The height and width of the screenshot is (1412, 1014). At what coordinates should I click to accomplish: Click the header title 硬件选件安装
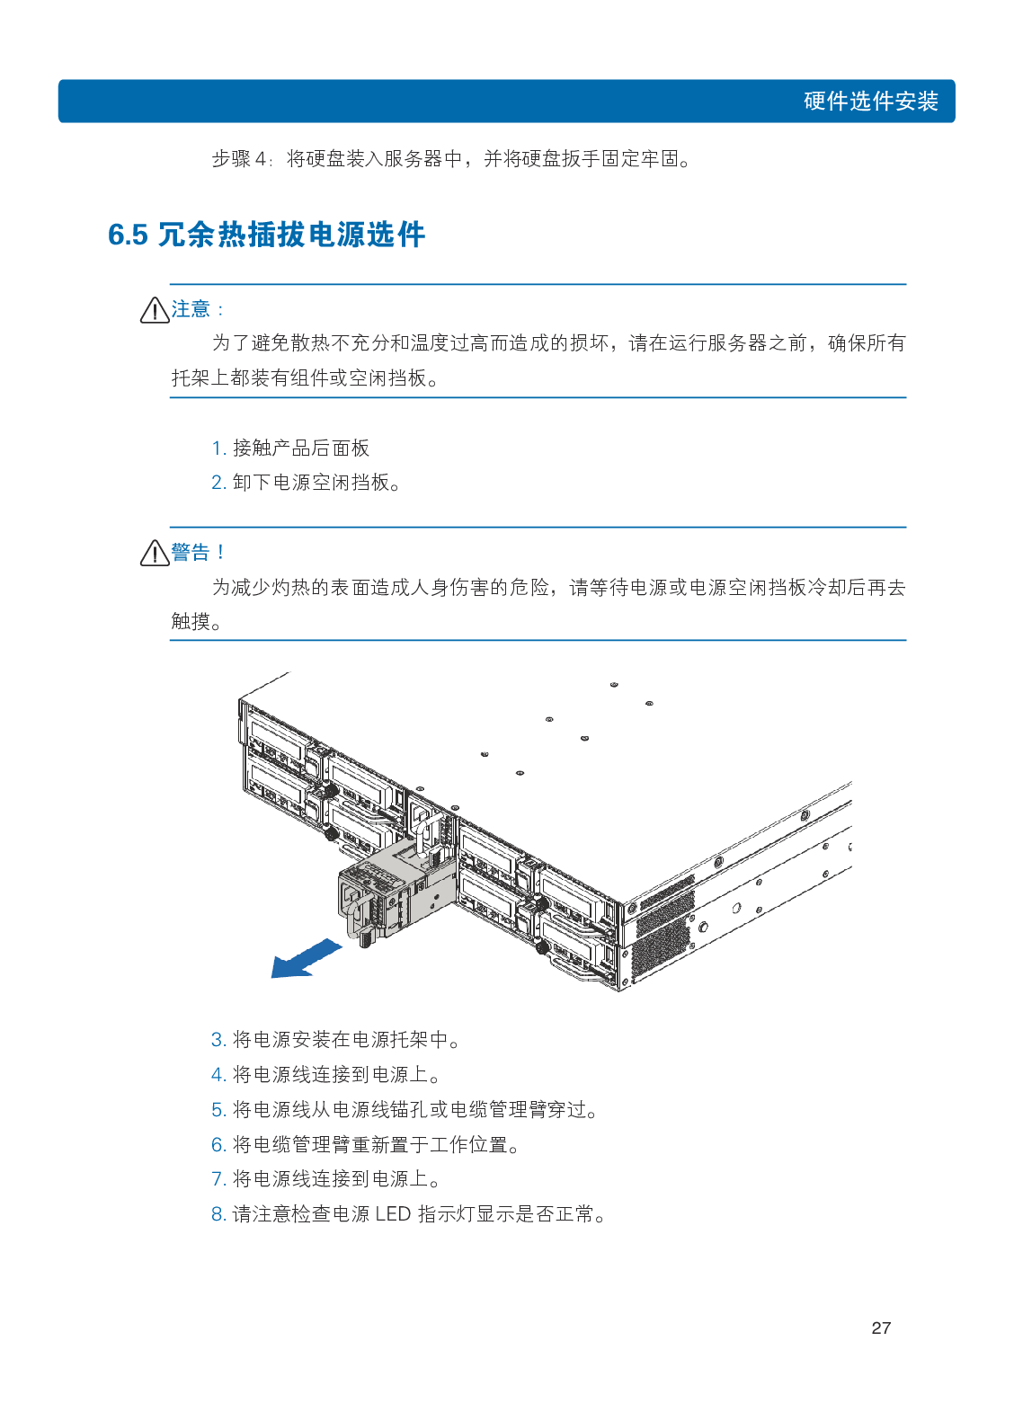click(870, 101)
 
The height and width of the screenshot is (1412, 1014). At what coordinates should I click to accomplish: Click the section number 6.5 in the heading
click(128, 235)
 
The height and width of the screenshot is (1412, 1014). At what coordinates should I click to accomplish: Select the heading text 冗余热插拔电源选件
click(290, 235)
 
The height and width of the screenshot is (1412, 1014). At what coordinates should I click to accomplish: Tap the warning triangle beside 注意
click(155, 310)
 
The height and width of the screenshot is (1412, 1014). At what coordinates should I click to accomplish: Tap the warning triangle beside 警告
click(155, 553)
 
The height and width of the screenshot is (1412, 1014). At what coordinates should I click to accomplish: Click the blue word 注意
click(191, 309)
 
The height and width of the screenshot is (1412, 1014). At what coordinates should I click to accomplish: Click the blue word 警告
click(191, 552)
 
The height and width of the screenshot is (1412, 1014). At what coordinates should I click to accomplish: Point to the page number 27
click(881, 1328)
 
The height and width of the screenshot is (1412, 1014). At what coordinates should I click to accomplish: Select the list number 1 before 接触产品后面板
click(217, 448)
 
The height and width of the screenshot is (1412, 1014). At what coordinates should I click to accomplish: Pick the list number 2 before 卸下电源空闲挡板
click(218, 483)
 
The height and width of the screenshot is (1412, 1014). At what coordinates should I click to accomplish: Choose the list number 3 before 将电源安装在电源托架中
click(218, 1040)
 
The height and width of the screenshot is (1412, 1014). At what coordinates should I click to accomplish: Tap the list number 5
click(218, 1110)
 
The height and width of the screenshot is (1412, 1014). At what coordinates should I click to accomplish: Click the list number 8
click(218, 1214)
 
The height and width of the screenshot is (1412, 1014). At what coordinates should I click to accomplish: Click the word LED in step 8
click(393, 1214)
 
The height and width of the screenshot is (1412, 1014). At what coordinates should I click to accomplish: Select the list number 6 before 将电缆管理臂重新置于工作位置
click(218, 1145)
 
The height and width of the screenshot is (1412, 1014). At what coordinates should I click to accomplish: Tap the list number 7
click(218, 1179)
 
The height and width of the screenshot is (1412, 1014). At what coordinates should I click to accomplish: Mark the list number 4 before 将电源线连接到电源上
click(218, 1075)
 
